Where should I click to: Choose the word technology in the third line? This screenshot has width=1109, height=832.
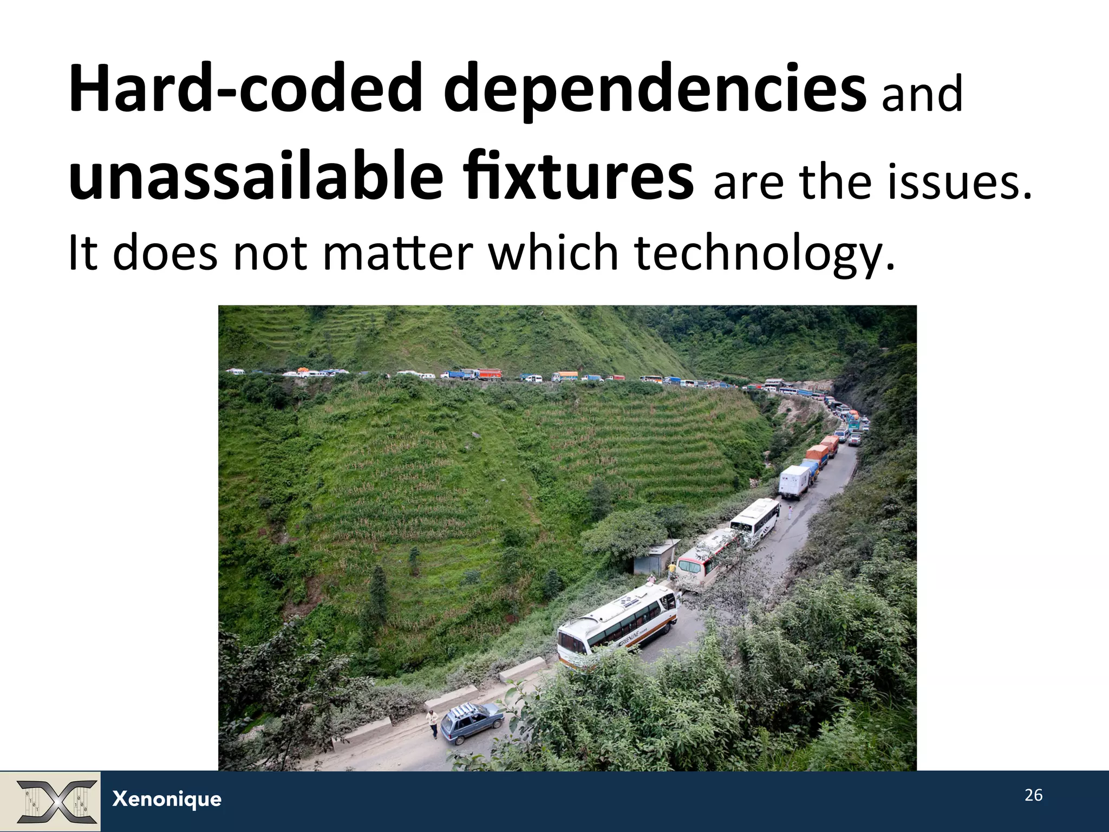point(764,253)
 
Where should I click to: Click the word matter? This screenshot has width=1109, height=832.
point(398,253)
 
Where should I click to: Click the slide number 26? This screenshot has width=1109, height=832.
point(1033,795)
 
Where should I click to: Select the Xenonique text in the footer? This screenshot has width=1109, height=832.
point(167,799)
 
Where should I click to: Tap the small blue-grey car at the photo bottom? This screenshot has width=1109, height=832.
point(472,723)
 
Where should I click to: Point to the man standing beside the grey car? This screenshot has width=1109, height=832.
point(432,723)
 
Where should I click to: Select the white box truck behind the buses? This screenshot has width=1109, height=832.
point(794,481)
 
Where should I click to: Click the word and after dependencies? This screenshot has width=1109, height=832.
point(922,95)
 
